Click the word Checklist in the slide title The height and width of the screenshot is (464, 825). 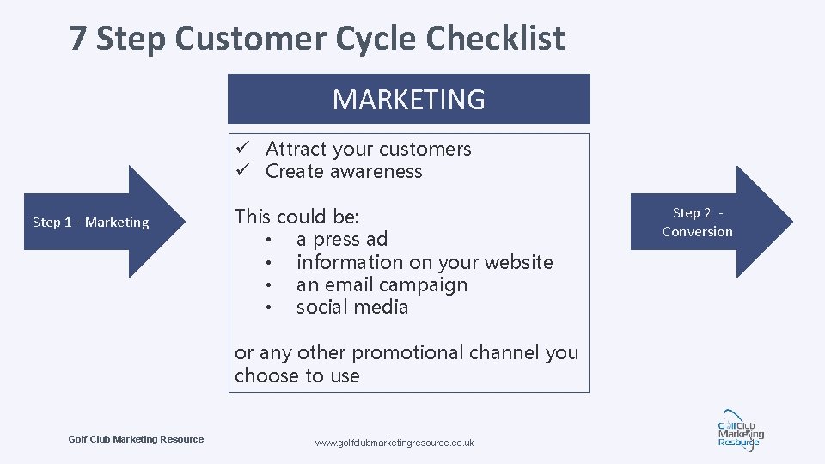pos(495,39)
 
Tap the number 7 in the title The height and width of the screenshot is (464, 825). pos(78,39)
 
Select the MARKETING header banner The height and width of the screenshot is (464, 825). pos(408,99)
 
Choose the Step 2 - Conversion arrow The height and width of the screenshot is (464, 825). pos(705,222)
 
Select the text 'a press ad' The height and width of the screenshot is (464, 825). pos(341,239)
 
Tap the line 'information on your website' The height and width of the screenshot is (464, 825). pos(424,262)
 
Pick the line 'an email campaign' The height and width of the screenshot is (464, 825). pos(382,284)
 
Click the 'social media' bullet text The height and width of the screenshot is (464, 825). pos(351,308)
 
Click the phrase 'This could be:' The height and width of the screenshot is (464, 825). pos(296,217)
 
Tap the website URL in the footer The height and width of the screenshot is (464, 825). pos(394,443)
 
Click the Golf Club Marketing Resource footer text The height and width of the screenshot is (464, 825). pos(136,439)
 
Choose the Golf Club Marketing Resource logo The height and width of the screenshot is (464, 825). pos(739,429)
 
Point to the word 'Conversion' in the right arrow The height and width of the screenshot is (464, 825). pos(697,231)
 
